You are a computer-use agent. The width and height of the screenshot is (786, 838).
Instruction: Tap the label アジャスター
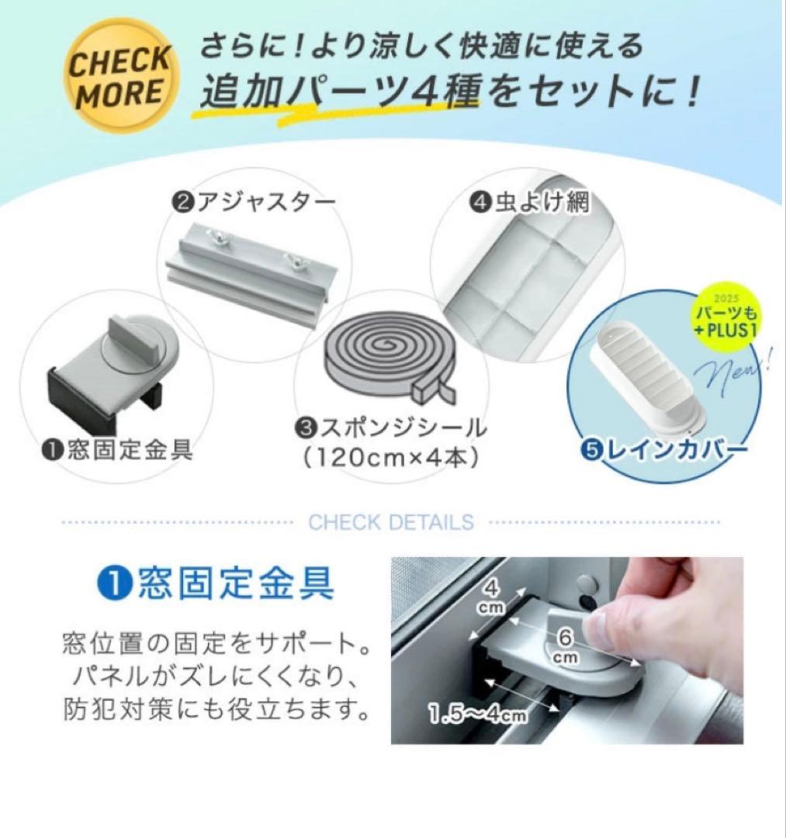[253, 203]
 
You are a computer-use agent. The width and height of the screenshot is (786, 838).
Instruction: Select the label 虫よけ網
[531, 203]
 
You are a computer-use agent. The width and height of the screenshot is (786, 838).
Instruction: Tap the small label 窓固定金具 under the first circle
[119, 450]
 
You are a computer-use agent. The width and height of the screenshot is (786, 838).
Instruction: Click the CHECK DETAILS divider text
[390, 522]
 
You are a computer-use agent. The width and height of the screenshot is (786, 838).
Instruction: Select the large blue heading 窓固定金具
[218, 583]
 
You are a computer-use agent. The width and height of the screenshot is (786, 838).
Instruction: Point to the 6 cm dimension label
[565, 643]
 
